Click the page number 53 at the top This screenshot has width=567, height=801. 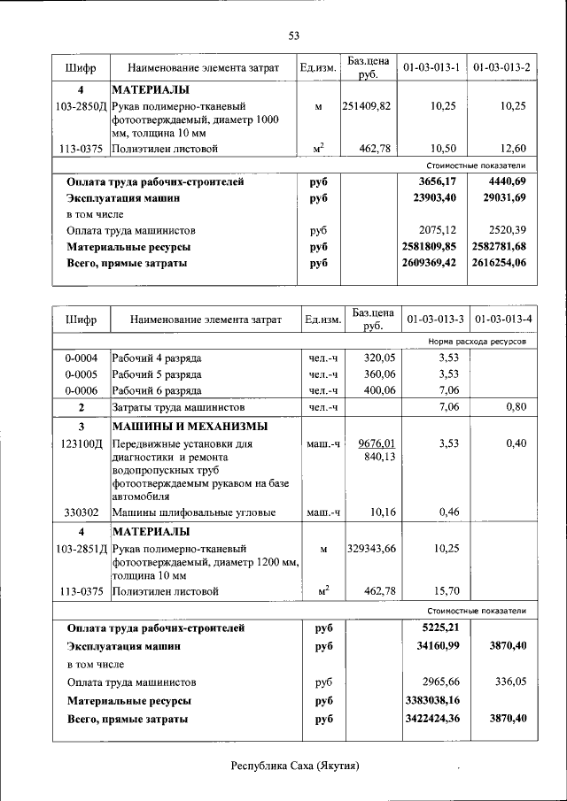[293, 35]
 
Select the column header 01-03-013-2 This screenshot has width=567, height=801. [501, 67]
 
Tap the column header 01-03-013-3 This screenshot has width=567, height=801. [435, 319]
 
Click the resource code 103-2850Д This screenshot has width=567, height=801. [81, 106]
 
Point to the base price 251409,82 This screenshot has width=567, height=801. [367, 106]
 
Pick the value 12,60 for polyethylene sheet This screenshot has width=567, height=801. [513, 149]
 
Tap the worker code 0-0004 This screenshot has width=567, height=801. [81, 358]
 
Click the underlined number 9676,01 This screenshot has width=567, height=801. [377, 443]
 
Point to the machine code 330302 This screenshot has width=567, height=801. [81, 512]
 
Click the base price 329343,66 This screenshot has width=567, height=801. [371, 550]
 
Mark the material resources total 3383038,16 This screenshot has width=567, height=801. [431, 701]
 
